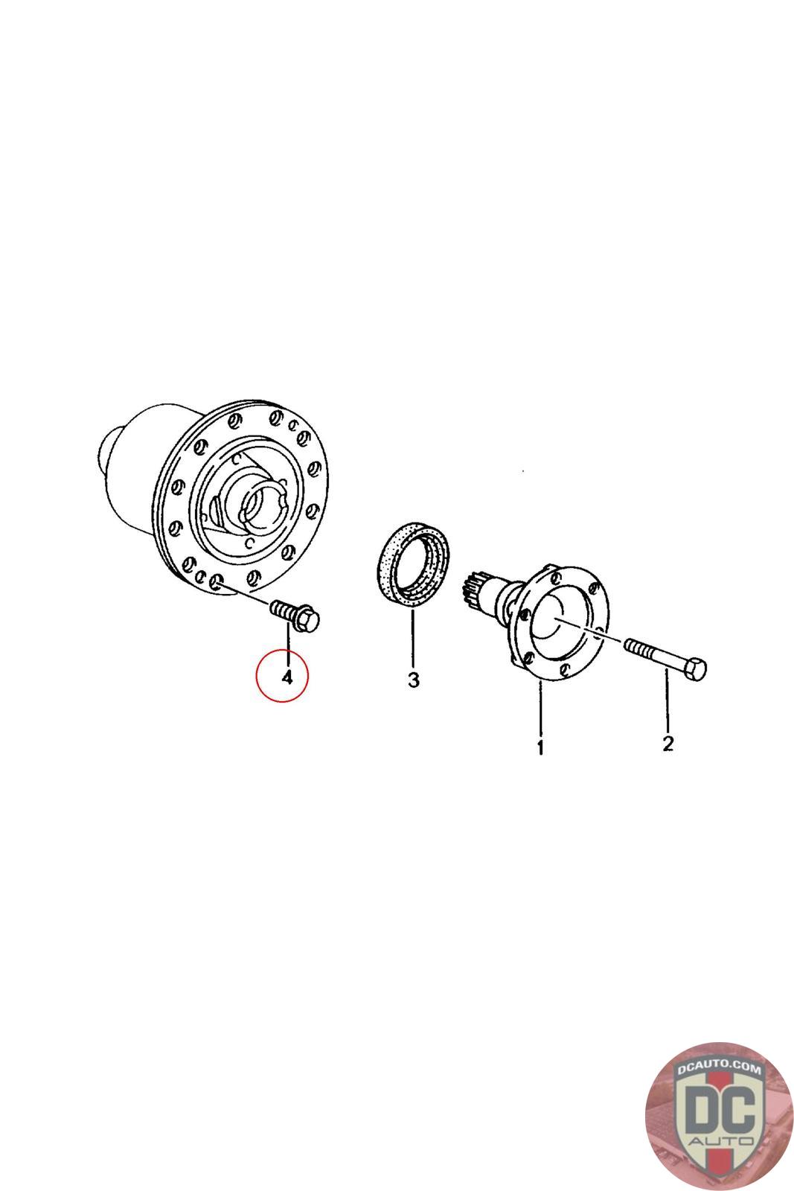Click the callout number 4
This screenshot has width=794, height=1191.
coord(287,677)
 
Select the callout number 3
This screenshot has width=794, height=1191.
coord(414,680)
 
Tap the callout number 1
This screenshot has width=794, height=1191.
coord(540,747)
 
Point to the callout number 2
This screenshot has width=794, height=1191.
coord(668,743)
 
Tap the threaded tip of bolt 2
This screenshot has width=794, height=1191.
coord(630,646)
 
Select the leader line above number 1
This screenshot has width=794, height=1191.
coord(540,706)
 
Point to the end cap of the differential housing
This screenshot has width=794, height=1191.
coord(109,450)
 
